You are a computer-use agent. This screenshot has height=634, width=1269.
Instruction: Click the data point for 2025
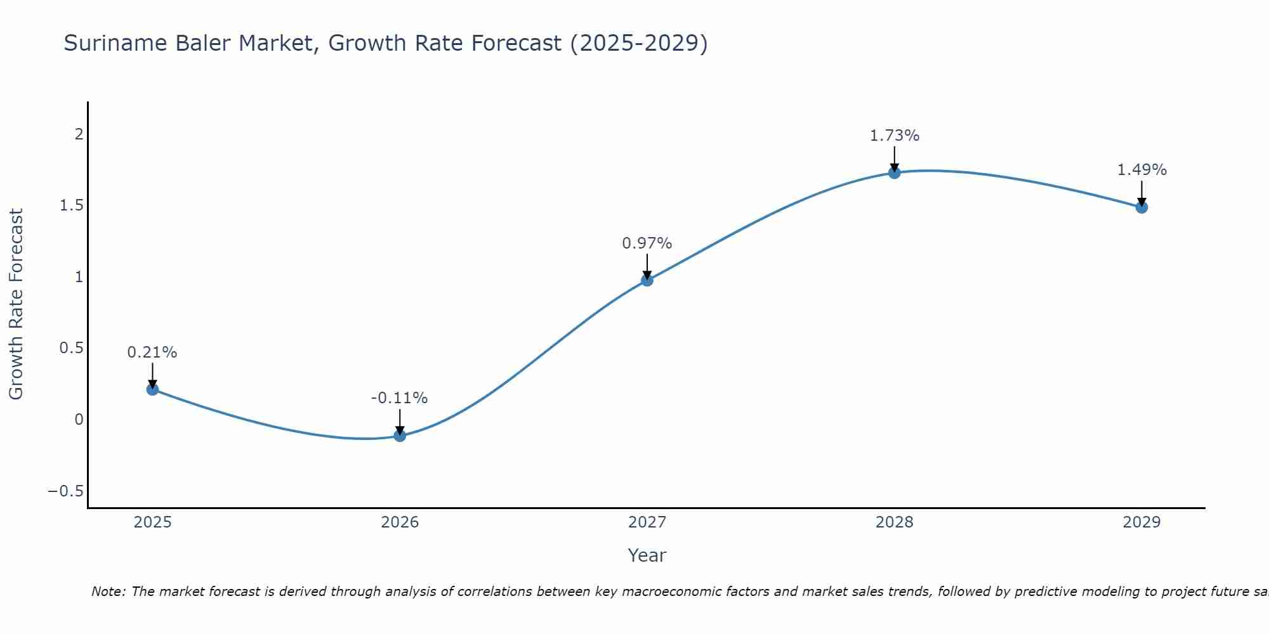pos(152,389)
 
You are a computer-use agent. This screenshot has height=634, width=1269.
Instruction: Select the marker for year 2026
pos(400,436)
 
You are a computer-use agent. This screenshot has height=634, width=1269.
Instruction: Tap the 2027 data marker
pos(647,280)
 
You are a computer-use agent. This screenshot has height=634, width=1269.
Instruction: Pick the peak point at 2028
pos(895,172)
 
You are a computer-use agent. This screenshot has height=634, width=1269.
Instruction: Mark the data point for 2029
pos(1141,207)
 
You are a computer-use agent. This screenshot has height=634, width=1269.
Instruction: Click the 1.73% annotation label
pos(894,136)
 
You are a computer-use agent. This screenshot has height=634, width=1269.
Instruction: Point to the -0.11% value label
pos(399,398)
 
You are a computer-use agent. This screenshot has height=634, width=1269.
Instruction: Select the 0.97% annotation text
pos(647,243)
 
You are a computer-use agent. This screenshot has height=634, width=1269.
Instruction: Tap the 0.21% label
pos(152,353)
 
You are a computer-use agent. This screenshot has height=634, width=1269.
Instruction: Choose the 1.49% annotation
pos(1141,170)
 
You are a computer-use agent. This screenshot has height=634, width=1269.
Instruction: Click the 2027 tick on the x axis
pos(647,522)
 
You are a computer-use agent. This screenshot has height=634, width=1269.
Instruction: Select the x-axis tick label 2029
pos(1141,522)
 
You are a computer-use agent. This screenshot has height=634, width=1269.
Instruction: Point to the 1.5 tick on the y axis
pos(72,205)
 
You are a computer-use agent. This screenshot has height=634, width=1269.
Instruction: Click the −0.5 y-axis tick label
pos(65,491)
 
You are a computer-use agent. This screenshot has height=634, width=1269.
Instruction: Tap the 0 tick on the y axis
pos(79,420)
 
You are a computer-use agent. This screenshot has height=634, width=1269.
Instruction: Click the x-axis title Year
pos(647,556)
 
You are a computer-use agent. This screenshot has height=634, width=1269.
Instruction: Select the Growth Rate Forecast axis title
pos(16,304)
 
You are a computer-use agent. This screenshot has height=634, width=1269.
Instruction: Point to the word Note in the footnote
pos(107,592)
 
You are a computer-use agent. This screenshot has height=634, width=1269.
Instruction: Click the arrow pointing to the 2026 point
pos(400,421)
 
